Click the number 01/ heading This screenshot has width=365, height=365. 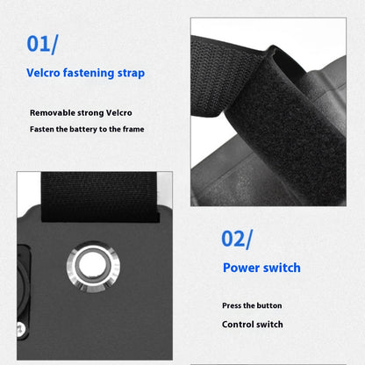point(42,44)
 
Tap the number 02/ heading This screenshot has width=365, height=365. point(237,240)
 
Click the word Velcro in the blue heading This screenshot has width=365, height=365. point(43,73)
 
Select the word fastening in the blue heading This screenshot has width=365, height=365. point(89,73)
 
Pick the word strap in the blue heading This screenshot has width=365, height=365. point(131,74)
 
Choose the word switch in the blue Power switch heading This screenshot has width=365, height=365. point(282,268)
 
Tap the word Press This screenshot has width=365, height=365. point(233,305)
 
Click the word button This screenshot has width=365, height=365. point(269,305)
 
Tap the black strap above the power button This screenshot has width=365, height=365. point(99,197)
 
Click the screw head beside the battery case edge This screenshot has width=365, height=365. point(20,328)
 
